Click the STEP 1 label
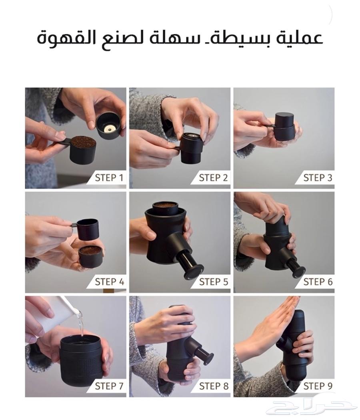click(109, 178)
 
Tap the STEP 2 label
click(213, 178)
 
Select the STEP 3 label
click(318, 178)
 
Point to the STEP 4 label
click(109, 282)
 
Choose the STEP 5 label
click(213, 282)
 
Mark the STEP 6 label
click(318, 282)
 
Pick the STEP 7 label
click(109, 386)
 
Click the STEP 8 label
click(213, 386)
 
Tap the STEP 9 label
click(318, 386)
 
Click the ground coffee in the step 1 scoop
click(84, 142)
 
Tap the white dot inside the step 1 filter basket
click(110, 129)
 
